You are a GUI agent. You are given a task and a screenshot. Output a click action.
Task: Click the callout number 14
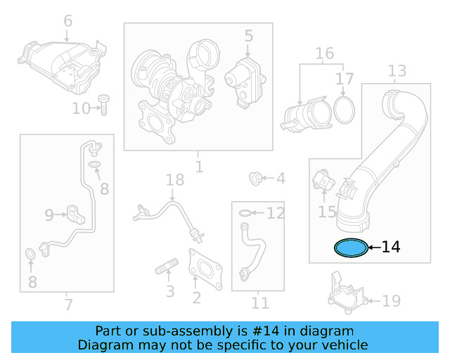(x=391, y=247)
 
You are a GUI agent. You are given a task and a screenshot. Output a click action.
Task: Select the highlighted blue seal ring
(x=350, y=247)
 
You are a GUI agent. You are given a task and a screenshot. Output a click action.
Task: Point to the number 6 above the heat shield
(x=67, y=21)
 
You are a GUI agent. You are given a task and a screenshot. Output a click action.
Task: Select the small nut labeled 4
(x=257, y=178)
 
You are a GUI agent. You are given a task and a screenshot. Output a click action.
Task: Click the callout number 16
(x=324, y=53)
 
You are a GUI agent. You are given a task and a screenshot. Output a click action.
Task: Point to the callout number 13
(x=397, y=70)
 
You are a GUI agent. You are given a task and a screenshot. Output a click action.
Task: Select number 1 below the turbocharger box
(x=199, y=167)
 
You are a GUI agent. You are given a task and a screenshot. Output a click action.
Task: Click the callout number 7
(x=67, y=304)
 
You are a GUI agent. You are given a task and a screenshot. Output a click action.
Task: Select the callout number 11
(x=260, y=303)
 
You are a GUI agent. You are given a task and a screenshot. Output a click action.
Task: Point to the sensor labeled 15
(x=324, y=182)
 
